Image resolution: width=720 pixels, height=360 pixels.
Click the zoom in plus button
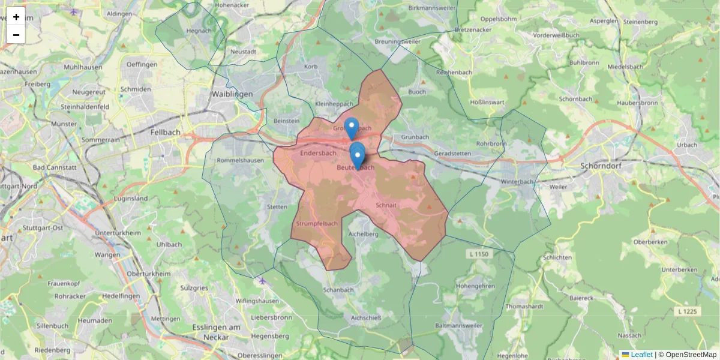coord(16,17)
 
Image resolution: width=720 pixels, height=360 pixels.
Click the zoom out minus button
coord(16,35)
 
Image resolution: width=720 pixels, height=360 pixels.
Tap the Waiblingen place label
coord(232,94)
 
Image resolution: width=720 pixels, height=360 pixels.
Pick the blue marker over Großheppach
coord(352,127)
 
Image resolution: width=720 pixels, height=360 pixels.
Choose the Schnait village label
coord(386,205)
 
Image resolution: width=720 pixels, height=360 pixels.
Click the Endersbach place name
coord(318,153)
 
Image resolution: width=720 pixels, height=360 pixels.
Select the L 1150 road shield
coord(478,255)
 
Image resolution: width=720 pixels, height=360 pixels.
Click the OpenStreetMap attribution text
coord(686,355)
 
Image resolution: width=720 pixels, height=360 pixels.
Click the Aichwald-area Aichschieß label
coord(366,318)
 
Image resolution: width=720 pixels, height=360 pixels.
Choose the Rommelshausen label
coord(240,161)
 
